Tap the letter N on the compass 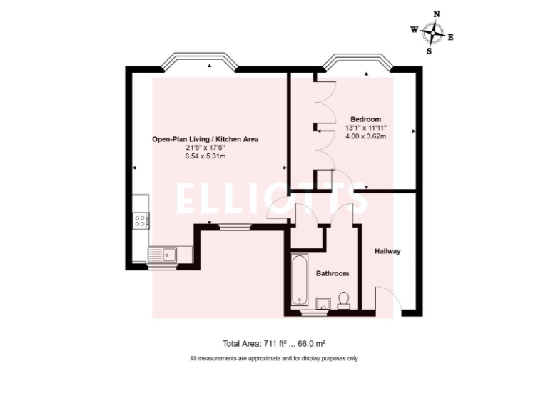pos(437,14)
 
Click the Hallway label pos(387,251)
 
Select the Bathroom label pos(333,273)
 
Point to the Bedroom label pos(365,118)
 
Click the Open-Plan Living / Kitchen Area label pos(205,139)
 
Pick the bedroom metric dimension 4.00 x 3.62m pos(365,136)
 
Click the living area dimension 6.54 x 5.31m pos(205,157)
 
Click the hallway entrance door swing pos(385,298)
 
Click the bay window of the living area pos(199,63)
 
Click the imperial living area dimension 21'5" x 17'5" pos(205,148)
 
